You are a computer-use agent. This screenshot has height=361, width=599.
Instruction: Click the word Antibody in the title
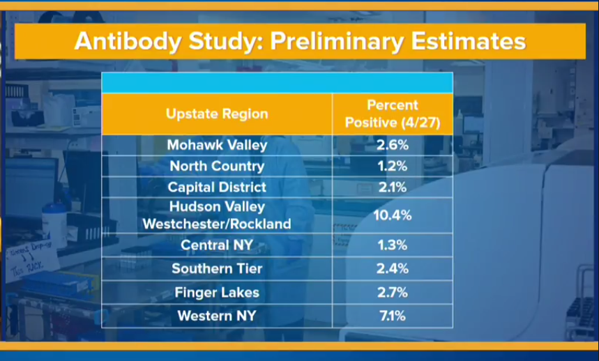[128, 41]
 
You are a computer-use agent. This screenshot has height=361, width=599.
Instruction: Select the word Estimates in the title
[469, 40]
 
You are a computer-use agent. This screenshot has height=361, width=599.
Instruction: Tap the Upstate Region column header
[217, 114]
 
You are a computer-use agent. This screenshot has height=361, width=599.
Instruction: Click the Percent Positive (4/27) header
[393, 114]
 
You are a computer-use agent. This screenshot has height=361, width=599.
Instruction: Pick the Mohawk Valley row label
[217, 145]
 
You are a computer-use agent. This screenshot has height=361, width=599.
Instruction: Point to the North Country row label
[217, 166]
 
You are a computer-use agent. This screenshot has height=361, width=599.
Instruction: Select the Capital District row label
[217, 187]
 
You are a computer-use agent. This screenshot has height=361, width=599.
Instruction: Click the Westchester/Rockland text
[217, 224]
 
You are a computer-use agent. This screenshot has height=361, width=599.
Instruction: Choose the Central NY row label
[217, 245]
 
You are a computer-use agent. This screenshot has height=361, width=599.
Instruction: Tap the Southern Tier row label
[217, 268]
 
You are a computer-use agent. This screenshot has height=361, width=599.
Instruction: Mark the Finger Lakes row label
[217, 293]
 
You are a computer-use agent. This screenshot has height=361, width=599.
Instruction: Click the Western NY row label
[217, 316]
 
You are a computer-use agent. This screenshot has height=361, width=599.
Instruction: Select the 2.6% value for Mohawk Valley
[393, 145]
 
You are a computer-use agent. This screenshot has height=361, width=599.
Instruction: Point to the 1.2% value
[393, 166]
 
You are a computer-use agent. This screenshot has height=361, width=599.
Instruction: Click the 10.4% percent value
[393, 215]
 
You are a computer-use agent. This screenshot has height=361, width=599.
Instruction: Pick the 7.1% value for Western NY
[393, 316]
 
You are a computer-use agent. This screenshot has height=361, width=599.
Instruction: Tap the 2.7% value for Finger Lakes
[393, 293]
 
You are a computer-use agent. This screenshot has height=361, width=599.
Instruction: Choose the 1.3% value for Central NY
[393, 245]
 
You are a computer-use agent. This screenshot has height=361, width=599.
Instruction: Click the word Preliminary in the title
[337, 41]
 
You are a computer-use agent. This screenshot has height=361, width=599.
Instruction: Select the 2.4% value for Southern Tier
[393, 268]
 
